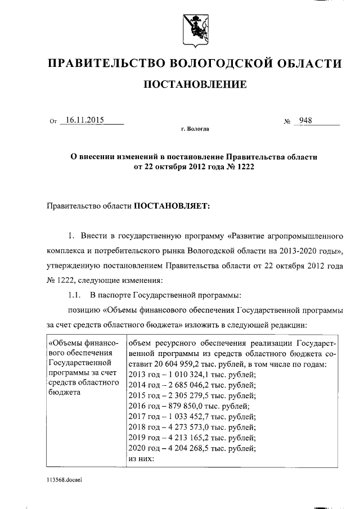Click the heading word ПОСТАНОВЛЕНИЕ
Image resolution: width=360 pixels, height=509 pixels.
click(195, 85)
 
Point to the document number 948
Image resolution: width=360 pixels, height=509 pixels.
click(307, 120)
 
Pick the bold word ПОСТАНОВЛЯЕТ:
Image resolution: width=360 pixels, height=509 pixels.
click(170, 206)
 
